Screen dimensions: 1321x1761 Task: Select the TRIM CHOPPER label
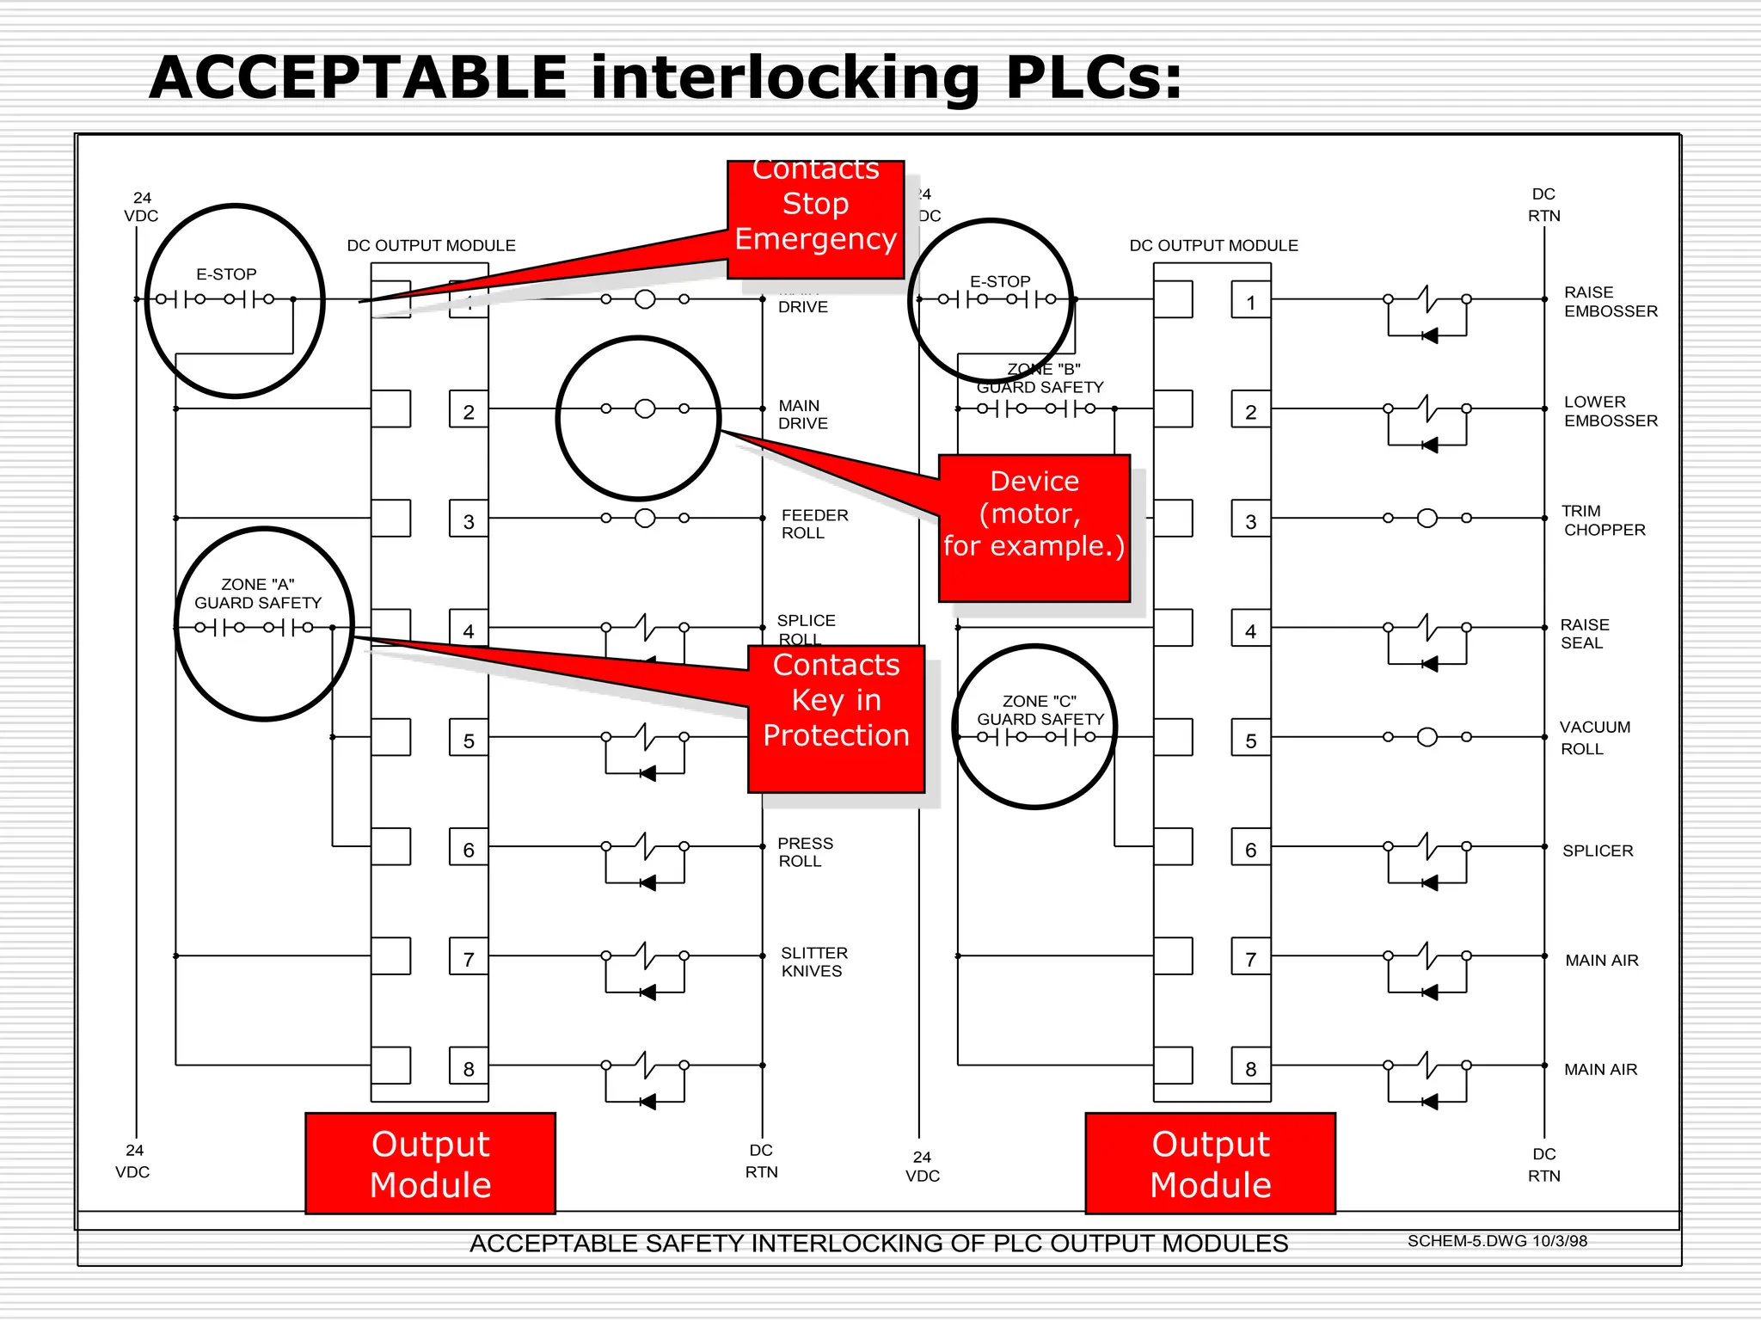[1603, 520]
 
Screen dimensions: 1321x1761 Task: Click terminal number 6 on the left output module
[469, 850]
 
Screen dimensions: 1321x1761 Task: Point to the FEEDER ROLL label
[813, 524]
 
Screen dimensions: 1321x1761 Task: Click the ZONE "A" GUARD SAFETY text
[257, 593]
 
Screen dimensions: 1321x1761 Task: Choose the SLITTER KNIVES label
[813, 962]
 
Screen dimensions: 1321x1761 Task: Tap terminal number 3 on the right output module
[1250, 521]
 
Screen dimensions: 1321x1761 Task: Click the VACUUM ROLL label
[1594, 737]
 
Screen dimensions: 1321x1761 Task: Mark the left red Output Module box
[430, 1163]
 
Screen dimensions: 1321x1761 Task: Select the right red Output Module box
[1210, 1163]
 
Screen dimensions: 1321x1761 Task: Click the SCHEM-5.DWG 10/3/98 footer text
[1496, 1240]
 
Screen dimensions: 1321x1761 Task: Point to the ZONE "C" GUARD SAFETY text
[1040, 710]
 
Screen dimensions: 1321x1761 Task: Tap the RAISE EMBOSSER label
[1610, 302]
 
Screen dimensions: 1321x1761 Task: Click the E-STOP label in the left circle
[226, 274]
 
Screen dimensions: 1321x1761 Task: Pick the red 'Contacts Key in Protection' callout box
[836, 718]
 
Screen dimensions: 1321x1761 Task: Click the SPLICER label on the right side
[1597, 851]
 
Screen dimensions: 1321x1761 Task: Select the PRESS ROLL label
[804, 851]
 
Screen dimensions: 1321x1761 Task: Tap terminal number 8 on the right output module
[1250, 1068]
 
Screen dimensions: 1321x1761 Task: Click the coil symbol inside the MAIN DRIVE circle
[645, 409]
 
